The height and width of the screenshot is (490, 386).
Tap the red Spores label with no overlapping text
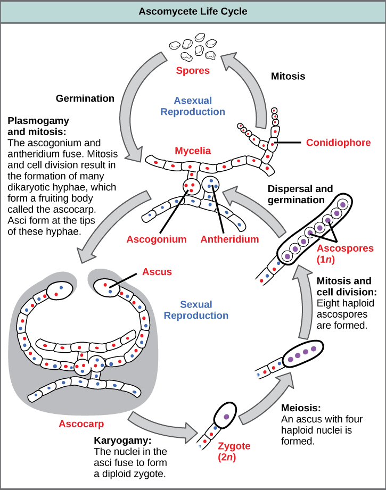(x=193, y=71)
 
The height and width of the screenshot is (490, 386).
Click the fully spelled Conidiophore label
(x=339, y=143)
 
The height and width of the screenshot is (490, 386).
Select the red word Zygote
(x=234, y=446)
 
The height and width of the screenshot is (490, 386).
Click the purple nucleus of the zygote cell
(x=227, y=418)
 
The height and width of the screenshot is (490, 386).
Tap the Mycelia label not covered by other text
(x=193, y=151)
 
